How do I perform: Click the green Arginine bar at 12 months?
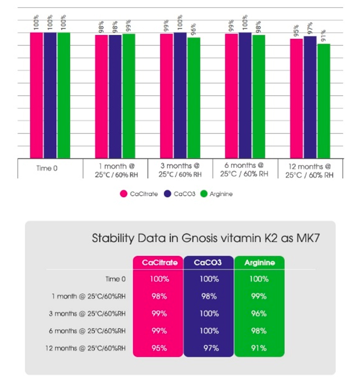pyautogui.click(x=323, y=101)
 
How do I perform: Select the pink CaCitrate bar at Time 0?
pyautogui.click(x=36, y=95)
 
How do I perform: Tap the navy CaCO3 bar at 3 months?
pyautogui.click(x=180, y=95)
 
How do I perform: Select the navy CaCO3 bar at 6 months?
pyautogui.click(x=245, y=95)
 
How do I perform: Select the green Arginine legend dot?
pyautogui.click(x=203, y=194)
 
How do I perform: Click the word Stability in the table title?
pyautogui.click(x=111, y=237)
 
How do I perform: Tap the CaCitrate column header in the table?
pyautogui.click(x=159, y=263)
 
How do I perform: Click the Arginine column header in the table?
pyautogui.click(x=259, y=263)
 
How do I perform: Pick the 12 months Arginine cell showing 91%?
pyautogui.click(x=259, y=348)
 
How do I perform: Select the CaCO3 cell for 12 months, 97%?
pyautogui.click(x=209, y=348)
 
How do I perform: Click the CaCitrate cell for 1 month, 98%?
pyautogui.click(x=159, y=296)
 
